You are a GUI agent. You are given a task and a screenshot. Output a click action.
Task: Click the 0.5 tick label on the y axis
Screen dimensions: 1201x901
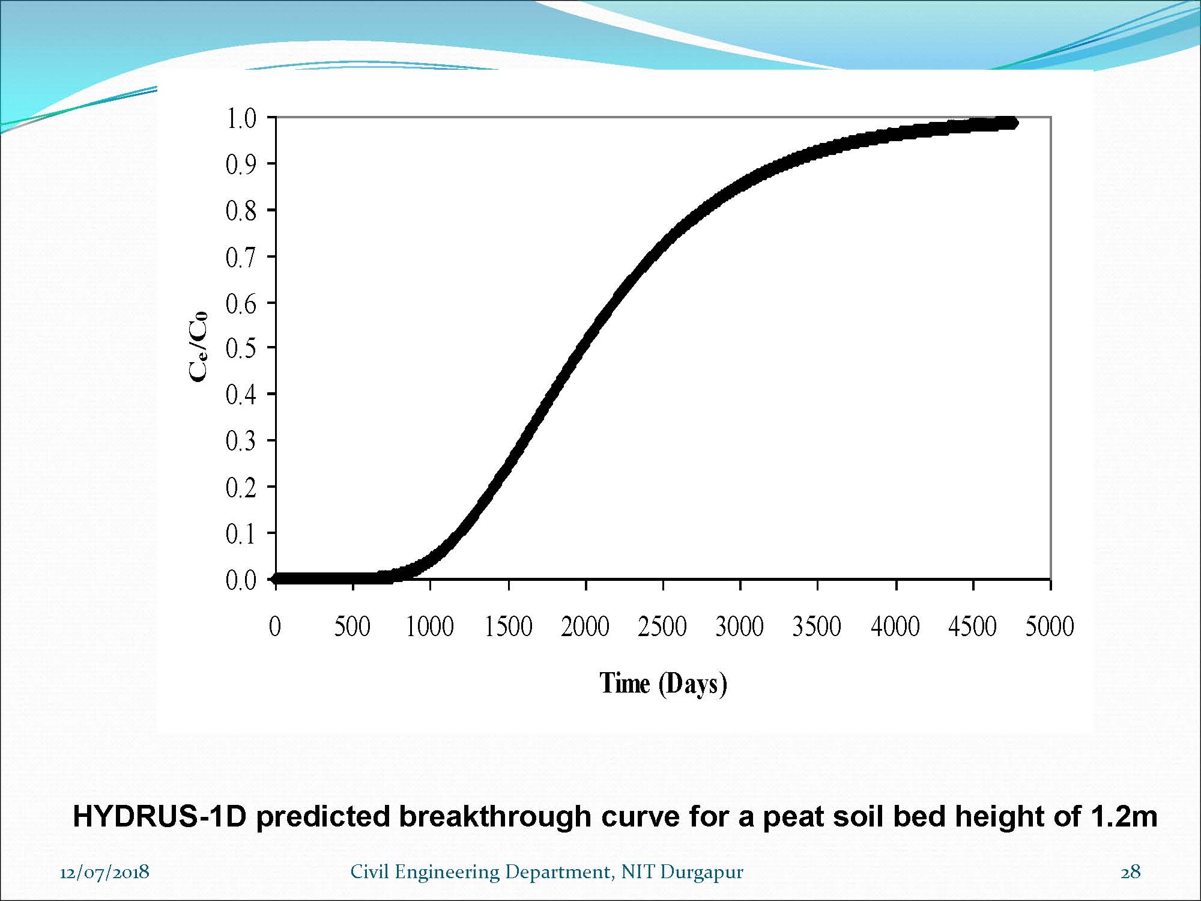point(241,348)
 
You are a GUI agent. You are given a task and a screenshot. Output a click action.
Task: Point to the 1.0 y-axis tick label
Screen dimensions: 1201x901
point(241,118)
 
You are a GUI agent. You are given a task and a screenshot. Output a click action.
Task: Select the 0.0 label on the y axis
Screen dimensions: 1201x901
point(241,580)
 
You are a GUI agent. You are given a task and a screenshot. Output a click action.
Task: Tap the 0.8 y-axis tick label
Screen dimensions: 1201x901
point(241,211)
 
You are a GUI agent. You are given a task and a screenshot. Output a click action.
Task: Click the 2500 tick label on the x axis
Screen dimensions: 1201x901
point(662,626)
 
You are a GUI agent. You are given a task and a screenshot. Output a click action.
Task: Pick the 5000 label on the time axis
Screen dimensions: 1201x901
point(1050,626)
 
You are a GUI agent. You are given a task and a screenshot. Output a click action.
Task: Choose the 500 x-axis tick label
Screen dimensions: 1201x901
point(352,626)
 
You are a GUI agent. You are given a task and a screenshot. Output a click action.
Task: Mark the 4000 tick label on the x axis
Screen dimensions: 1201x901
point(895,626)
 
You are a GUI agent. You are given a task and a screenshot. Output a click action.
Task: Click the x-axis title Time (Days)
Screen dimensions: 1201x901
point(664,684)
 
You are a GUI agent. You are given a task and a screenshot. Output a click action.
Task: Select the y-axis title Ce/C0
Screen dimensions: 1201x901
point(198,347)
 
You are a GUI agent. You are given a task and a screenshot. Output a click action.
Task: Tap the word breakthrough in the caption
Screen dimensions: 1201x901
point(495,816)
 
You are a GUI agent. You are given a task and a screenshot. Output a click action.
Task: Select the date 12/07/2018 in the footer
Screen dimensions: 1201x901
point(104,872)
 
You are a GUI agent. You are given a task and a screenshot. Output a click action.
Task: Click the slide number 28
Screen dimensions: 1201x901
point(1131,872)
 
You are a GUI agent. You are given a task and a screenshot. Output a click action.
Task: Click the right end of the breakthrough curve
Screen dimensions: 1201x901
point(1014,123)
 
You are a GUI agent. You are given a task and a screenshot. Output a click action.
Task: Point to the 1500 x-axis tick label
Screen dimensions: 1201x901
point(509,626)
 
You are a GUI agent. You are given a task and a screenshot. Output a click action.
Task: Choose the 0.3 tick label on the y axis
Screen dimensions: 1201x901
point(241,441)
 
